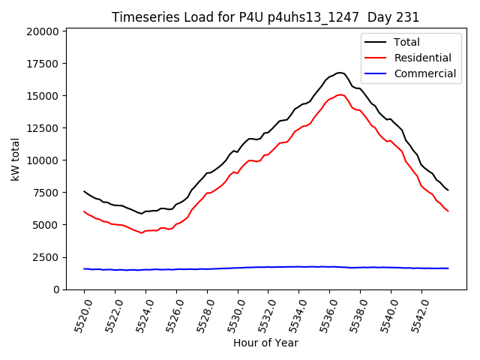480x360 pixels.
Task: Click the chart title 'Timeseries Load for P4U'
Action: pos(265,17)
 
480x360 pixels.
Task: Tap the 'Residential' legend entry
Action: pos(422,58)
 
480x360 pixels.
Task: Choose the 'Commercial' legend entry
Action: pos(424,73)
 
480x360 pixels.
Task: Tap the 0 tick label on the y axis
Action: pos(57,289)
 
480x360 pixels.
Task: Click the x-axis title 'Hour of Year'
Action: pos(265,343)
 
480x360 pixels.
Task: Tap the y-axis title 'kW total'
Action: pos(16,159)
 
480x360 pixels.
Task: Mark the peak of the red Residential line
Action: pos(340,94)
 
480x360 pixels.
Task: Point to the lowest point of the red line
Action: pos(142,232)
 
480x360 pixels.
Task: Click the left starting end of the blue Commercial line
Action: pos(84,268)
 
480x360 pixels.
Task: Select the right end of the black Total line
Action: pos(448,190)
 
